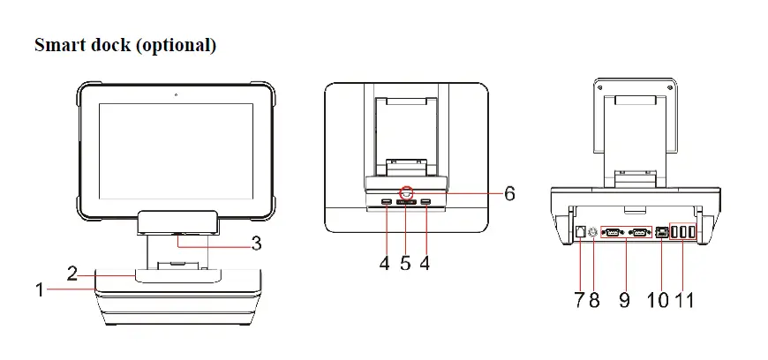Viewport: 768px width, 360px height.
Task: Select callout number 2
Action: pyautogui.click(x=72, y=273)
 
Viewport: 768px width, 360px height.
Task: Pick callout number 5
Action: pyautogui.click(x=405, y=263)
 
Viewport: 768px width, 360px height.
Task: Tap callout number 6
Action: pyautogui.click(x=508, y=193)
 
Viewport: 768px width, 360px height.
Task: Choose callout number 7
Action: pyautogui.click(x=580, y=299)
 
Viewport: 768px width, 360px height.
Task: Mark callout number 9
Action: pyautogui.click(x=624, y=299)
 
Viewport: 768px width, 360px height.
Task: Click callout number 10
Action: pyautogui.click(x=658, y=299)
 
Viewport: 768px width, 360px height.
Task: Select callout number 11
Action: pyautogui.click(x=685, y=299)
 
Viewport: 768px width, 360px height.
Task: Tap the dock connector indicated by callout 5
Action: pyautogui.click(x=406, y=205)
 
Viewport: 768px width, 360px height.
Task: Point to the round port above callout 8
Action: pyautogui.click(x=593, y=233)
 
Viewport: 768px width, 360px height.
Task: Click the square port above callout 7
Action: pyautogui.click(x=579, y=232)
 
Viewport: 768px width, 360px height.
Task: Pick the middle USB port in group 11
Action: pyautogui.click(x=684, y=232)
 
